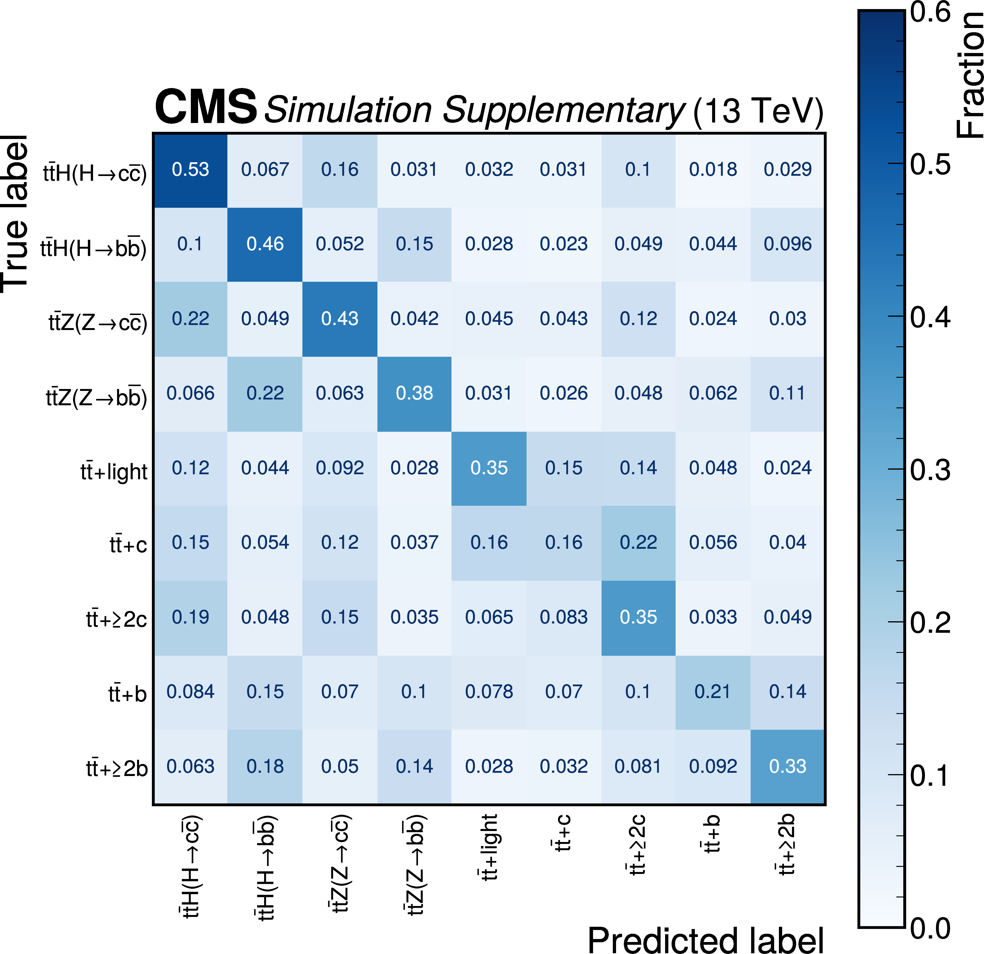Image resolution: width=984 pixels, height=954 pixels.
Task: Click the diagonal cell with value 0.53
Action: [190, 169]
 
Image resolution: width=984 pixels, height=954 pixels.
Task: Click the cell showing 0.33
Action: [787, 766]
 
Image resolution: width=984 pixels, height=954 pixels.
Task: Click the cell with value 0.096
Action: [787, 244]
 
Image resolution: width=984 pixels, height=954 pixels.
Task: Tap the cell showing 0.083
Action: [563, 617]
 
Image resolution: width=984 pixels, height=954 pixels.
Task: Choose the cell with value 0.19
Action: [190, 617]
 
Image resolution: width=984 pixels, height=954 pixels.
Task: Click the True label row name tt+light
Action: [114, 472]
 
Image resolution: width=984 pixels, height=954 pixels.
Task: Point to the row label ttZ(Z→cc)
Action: [98, 322]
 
